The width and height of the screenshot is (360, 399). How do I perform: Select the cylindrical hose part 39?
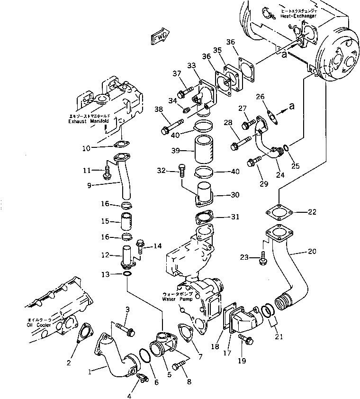pyautogui.click(x=205, y=149)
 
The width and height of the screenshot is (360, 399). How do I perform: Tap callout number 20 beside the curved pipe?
pyautogui.click(x=311, y=251)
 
